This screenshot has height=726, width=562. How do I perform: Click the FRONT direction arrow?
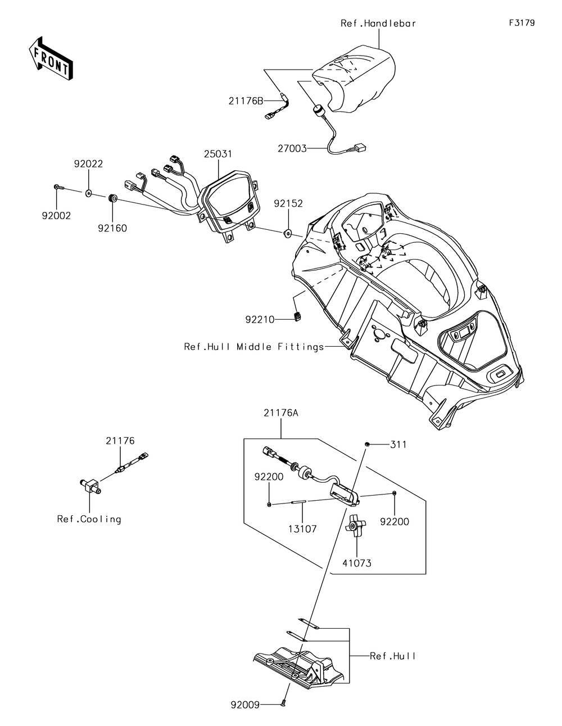[x=51, y=58]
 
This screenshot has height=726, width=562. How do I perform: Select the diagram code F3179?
[x=522, y=22]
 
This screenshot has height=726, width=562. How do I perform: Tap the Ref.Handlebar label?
[x=378, y=24]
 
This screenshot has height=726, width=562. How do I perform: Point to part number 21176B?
[x=246, y=101]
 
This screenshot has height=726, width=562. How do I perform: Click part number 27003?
[x=292, y=148]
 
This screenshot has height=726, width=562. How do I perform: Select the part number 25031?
[x=218, y=154]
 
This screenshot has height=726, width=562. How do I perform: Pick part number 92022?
[x=89, y=164]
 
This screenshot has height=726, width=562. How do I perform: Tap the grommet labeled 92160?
[x=112, y=199]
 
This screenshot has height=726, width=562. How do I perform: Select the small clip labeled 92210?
[x=296, y=315]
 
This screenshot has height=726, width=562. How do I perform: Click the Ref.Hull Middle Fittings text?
[x=254, y=347]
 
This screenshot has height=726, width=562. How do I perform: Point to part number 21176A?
[x=280, y=413]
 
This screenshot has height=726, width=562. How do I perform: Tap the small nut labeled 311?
[x=366, y=444]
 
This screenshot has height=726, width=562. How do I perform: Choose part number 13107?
[x=302, y=529]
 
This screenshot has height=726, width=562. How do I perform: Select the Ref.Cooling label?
[x=89, y=519]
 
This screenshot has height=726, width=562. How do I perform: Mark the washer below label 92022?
[x=89, y=193]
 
